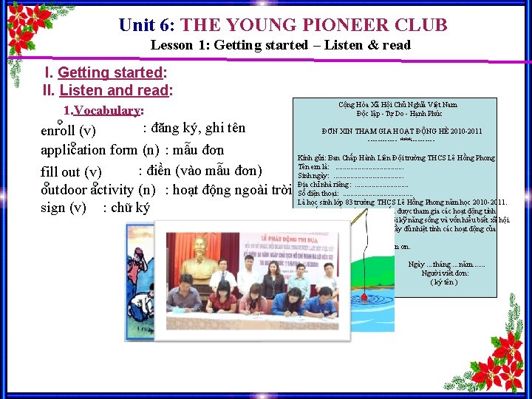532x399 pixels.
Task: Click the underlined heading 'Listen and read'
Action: pyautogui.click(x=114, y=91)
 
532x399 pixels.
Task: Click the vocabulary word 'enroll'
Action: pyautogui.click(x=57, y=132)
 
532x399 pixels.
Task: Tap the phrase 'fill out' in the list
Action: pyautogui.click(x=61, y=172)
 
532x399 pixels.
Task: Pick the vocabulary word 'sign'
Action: pyautogui.click(x=52, y=208)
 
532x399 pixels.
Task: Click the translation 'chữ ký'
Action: pyautogui.click(x=131, y=208)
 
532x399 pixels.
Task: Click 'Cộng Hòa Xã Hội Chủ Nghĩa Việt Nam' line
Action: pyautogui.click(x=398, y=105)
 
